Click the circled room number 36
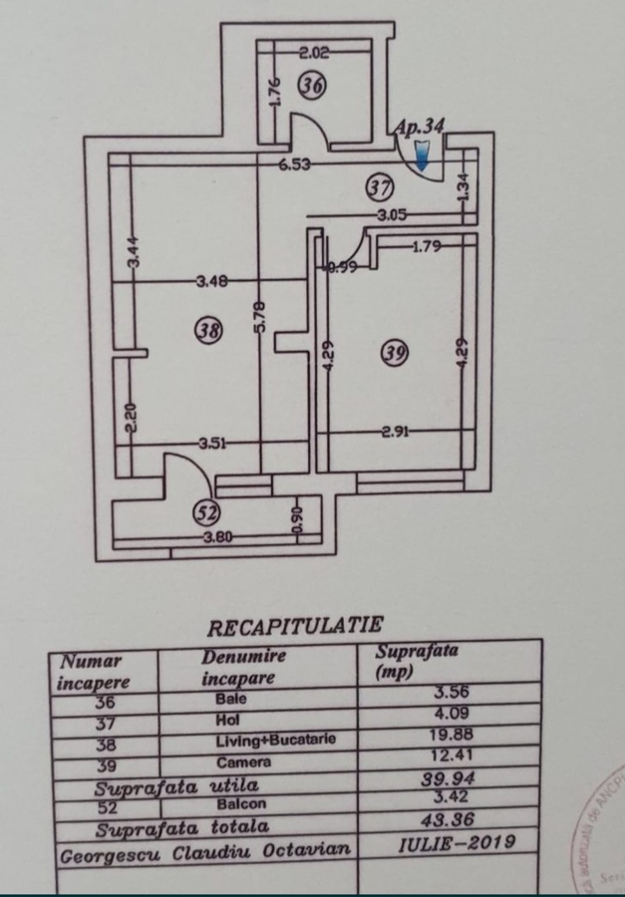pyautogui.click(x=312, y=87)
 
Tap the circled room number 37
pyautogui.click(x=379, y=185)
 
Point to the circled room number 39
pyautogui.click(x=395, y=351)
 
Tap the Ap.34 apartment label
pyautogui.click(x=419, y=127)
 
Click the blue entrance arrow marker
pyautogui.click(x=423, y=154)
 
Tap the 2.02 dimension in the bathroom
pyautogui.click(x=315, y=54)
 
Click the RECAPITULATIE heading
pyautogui.click(x=294, y=626)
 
